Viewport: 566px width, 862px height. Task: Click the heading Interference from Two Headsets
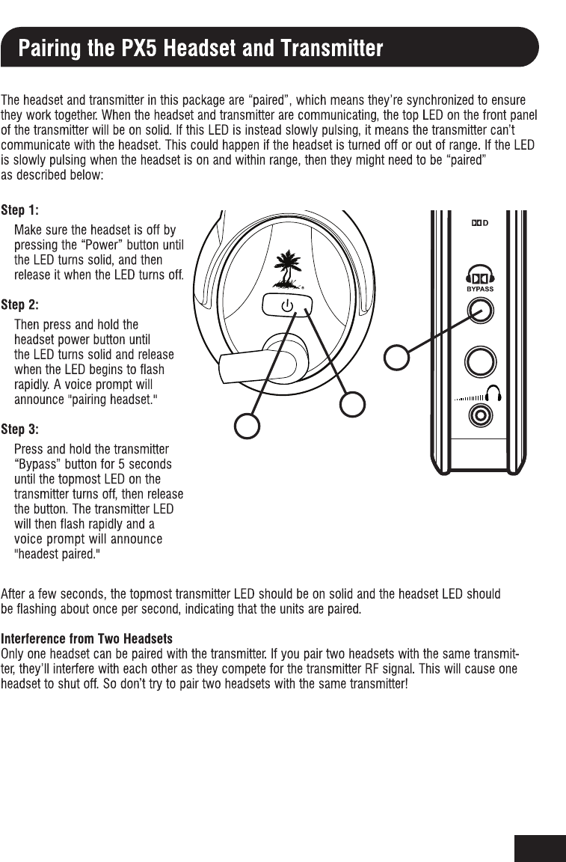tap(87, 639)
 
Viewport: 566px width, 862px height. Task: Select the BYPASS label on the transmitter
tap(479, 288)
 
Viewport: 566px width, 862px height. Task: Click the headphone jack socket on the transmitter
tap(479, 413)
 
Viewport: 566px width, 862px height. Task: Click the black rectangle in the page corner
tap(540, 848)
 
